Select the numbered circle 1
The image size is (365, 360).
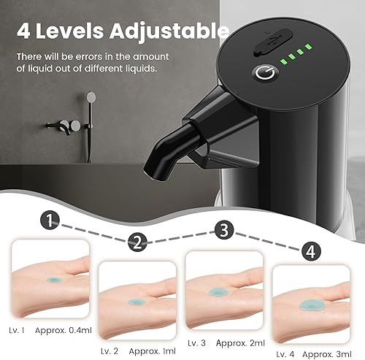click(x=49, y=218)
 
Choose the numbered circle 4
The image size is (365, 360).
click(x=310, y=251)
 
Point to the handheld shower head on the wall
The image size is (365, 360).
click(x=91, y=97)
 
